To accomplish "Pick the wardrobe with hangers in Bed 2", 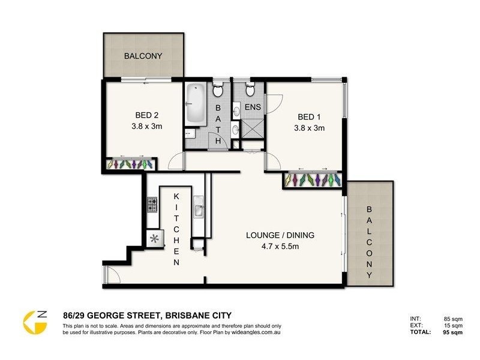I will coord(131,164).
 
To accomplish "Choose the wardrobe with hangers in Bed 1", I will coord(313,179).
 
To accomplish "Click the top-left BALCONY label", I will coord(143,56).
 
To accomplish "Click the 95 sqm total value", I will coord(453,331).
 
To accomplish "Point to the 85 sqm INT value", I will coord(453,318).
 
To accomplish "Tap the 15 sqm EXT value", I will coord(453,325).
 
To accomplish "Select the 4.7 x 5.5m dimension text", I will coord(280,245).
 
